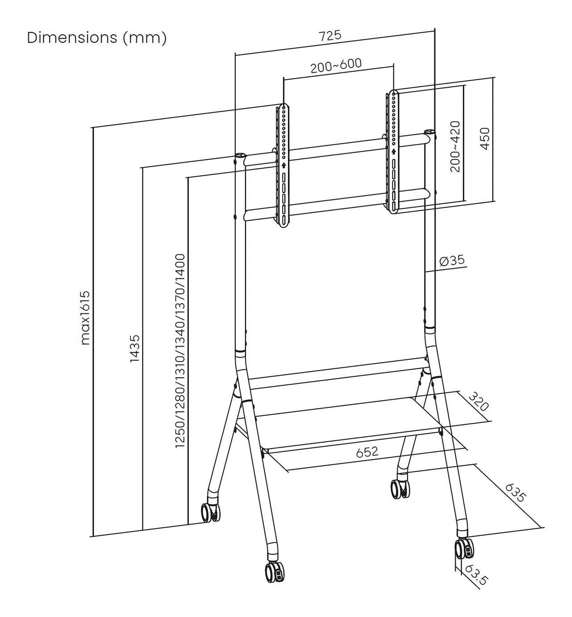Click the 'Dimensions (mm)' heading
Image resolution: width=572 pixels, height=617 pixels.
coord(97,38)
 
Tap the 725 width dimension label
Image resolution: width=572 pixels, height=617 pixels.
coord(330,36)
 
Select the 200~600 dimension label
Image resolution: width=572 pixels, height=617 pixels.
coord(336,66)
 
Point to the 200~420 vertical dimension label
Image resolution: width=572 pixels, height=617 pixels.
coord(455,146)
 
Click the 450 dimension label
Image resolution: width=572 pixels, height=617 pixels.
coord(485,138)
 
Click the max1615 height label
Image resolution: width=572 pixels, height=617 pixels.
coord(85,318)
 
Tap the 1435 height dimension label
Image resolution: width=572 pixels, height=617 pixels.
coord(134,349)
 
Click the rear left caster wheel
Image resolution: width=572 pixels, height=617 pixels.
coord(210,511)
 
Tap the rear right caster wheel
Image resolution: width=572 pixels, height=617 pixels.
coord(400,488)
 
